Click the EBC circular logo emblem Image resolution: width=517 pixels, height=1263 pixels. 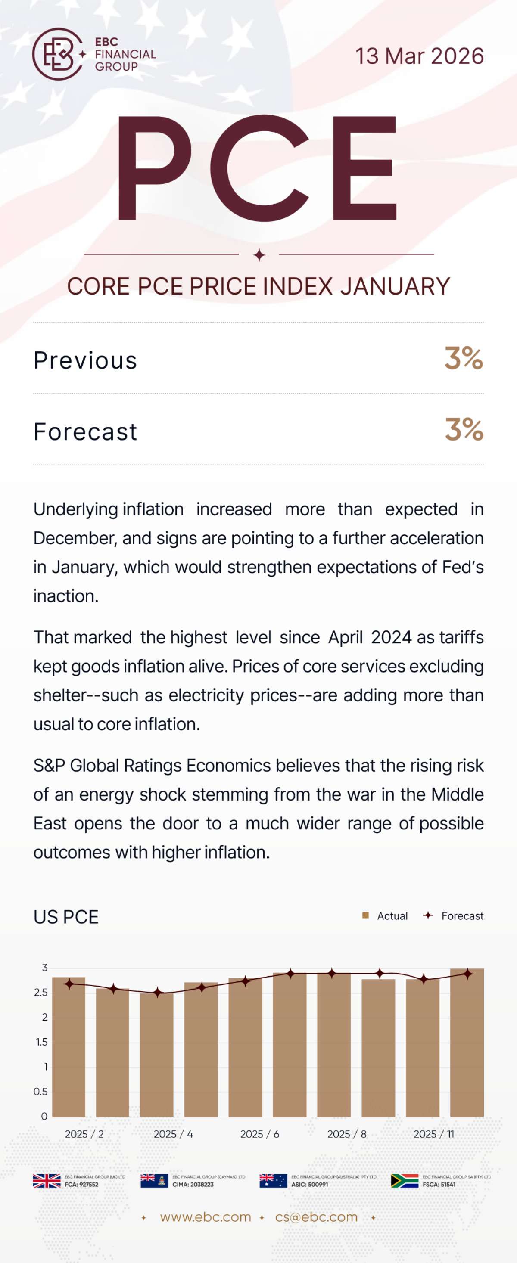(57, 54)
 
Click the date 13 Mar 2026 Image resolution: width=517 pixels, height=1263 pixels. (419, 56)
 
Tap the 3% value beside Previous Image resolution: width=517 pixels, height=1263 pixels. (464, 358)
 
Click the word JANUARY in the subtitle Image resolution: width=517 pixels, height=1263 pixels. (395, 286)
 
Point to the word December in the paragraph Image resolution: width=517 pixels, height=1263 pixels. (73, 538)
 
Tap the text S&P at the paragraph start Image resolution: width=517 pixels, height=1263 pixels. (49, 766)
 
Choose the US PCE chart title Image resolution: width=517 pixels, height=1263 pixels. (66, 917)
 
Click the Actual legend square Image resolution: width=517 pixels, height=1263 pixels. (365, 915)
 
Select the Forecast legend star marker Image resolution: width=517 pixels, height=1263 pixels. (428, 915)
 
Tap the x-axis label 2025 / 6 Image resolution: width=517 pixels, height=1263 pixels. (259, 1134)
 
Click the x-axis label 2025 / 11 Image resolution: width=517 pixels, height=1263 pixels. (433, 1134)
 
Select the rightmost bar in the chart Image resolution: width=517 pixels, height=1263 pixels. (467, 1044)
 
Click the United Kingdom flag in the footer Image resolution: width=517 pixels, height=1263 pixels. (47, 1181)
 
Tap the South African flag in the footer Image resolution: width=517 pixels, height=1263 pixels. (405, 1181)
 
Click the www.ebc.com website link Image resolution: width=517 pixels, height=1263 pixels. (205, 1217)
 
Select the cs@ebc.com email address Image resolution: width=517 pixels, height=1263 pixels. (316, 1217)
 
